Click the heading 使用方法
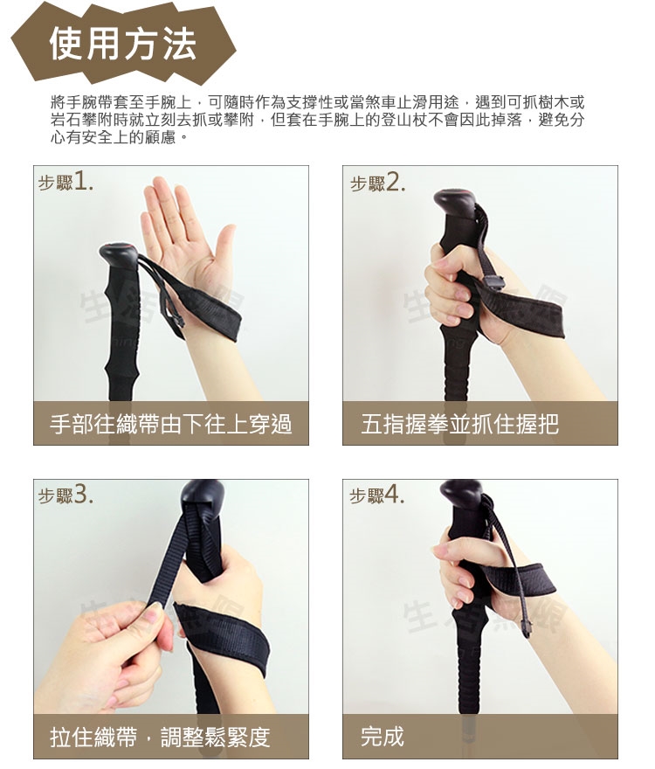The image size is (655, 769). tap(122, 44)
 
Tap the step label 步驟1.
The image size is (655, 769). tap(65, 183)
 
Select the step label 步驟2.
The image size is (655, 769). tap(377, 183)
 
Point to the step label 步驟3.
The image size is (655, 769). tap(65, 495)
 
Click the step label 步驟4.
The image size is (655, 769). tap(377, 495)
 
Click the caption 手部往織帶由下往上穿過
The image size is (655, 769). tap(171, 424)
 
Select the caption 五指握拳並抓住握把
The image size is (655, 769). tap(460, 424)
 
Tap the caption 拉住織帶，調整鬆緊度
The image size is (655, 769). tap(160, 737)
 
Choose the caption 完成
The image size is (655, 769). tap(383, 737)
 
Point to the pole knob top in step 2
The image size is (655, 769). tap(454, 202)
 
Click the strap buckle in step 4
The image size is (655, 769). tap(527, 627)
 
